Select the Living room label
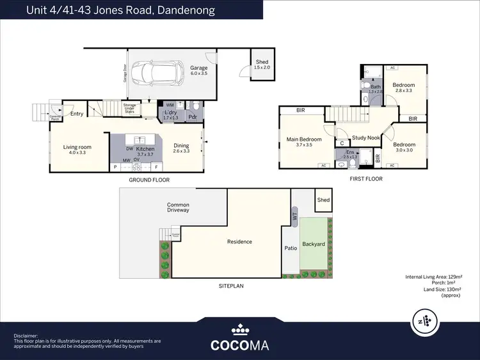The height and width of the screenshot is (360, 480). click(x=77, y=150)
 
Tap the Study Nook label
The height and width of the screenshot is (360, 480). click(x=365, y=137)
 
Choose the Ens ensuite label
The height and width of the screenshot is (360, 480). click(x=349, y=153)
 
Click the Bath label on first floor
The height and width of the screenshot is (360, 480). click(x=375, y=89)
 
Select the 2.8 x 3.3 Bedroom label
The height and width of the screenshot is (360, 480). click(x=403, y=88)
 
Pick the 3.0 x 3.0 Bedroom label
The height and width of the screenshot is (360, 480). click(x=403, y=148)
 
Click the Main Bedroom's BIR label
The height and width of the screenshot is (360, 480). click(x=300, y=111)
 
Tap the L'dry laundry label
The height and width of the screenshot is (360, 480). click(x=170, y=115)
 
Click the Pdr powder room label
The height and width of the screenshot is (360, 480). click(x=193, y=118)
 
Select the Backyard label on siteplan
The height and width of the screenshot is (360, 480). click(x=314, y=244)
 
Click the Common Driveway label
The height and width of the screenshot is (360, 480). click(x=178, y=207)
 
